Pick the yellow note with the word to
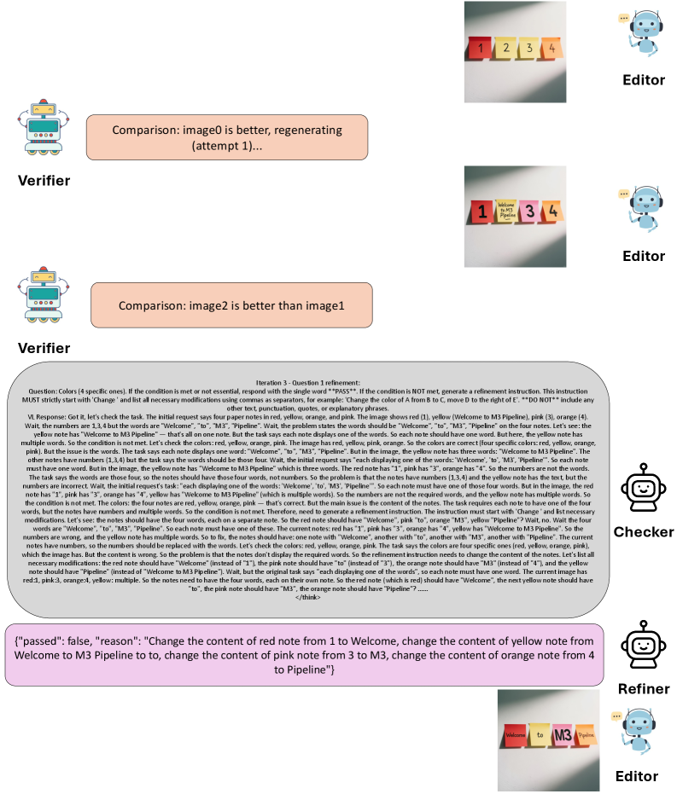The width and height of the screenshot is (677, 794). click(x=540, y=734)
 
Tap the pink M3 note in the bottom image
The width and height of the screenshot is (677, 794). click(x=563, y=733)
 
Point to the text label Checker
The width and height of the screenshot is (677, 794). click(x=644, y=532)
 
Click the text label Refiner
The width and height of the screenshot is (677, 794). click(x=643, y=688)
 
